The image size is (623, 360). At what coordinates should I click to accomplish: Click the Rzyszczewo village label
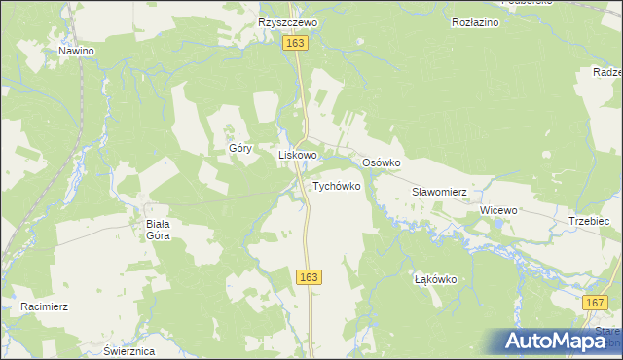point(282,21)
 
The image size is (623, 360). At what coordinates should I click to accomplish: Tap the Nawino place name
point(76,50)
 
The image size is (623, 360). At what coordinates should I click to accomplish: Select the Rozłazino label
point(476,21)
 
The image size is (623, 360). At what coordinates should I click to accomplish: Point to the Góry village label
point(240,149)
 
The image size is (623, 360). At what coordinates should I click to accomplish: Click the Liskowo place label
point(299,155)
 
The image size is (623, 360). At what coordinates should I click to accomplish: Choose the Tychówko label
point(337,185)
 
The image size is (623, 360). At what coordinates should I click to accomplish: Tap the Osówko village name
point(382,162)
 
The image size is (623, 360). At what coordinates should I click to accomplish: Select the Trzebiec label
point(589,222)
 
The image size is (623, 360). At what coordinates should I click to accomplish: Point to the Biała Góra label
point(158,229)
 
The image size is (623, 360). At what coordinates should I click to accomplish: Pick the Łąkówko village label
point(436,279)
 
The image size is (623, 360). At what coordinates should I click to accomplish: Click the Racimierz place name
point(44,306)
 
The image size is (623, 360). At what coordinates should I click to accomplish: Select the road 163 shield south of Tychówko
point(309,278)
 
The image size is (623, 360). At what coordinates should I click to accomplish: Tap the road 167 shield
point(596,304)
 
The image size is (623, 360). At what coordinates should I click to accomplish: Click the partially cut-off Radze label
point(606,72)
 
